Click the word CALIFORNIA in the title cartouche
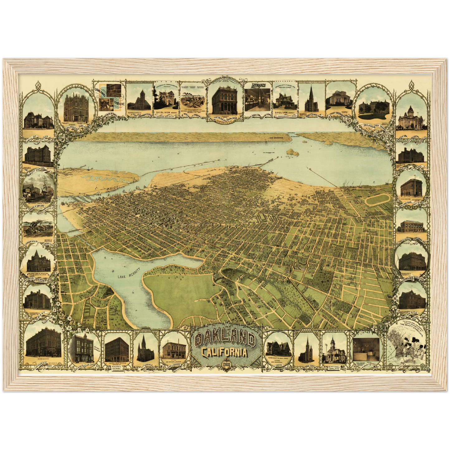pos(225,353)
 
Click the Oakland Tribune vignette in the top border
pos(109,97)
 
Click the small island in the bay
pos(293,152)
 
